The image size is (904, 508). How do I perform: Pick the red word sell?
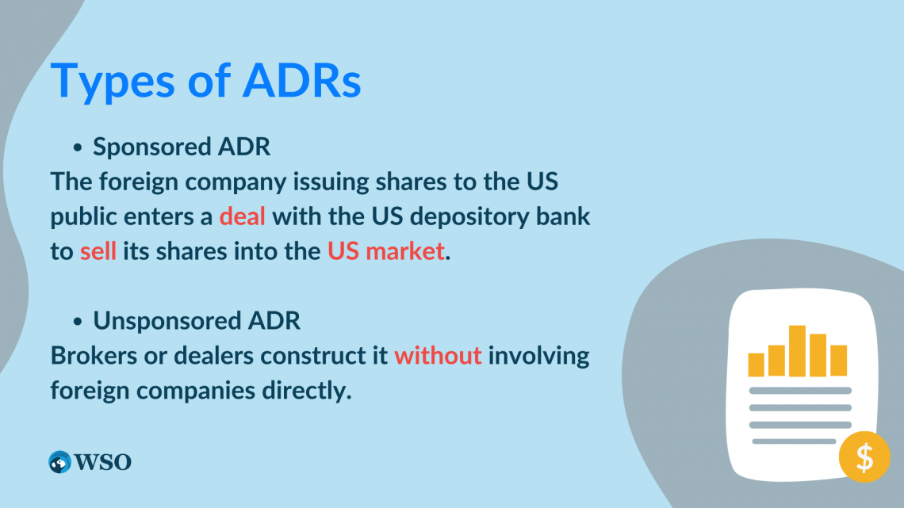(x=98, y=252)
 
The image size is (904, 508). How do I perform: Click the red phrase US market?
(x=385, y=252)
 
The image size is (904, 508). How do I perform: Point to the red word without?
(x=438, y=355)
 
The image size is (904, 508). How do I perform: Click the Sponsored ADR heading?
(x=182, y=147)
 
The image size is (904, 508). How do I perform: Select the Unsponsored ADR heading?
(x=197, y=321)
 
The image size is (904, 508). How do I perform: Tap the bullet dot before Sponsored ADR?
(x=78, y=148)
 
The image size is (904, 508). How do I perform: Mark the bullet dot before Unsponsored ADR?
(x=78, y=322)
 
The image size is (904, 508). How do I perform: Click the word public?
(x=84, y=216)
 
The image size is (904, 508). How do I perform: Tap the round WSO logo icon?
(x=59, y=462)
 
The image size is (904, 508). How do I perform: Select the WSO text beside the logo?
(x=103, y=462)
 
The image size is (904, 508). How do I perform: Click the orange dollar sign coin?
(x=864, y=457)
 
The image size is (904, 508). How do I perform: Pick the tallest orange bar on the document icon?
(x=797, y=350)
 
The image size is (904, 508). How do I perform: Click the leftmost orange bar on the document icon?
(x=756, y=365)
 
